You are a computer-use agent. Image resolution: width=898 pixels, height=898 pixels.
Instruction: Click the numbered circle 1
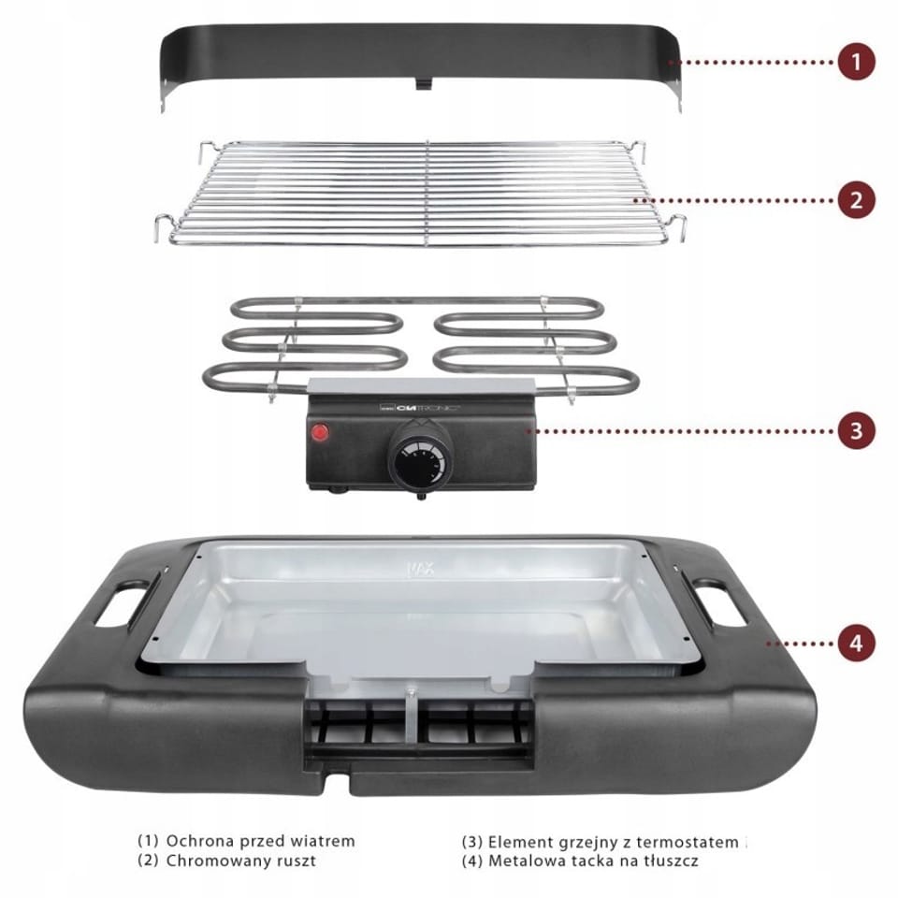coord(856,62)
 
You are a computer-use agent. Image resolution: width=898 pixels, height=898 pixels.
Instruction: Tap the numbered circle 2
coord(856,200)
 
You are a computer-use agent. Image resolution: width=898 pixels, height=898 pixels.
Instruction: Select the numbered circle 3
coord(856,430)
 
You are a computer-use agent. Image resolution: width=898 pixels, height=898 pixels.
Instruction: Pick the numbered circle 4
coord(856,643)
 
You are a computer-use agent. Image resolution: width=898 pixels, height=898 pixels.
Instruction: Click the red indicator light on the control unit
coord(320,432)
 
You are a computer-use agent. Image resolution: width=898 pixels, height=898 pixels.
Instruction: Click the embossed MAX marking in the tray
coord(420,569)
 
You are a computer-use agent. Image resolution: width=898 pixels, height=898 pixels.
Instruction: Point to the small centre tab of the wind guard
coord(423,83)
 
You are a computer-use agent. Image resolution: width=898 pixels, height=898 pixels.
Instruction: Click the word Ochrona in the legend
coord(200,841)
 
